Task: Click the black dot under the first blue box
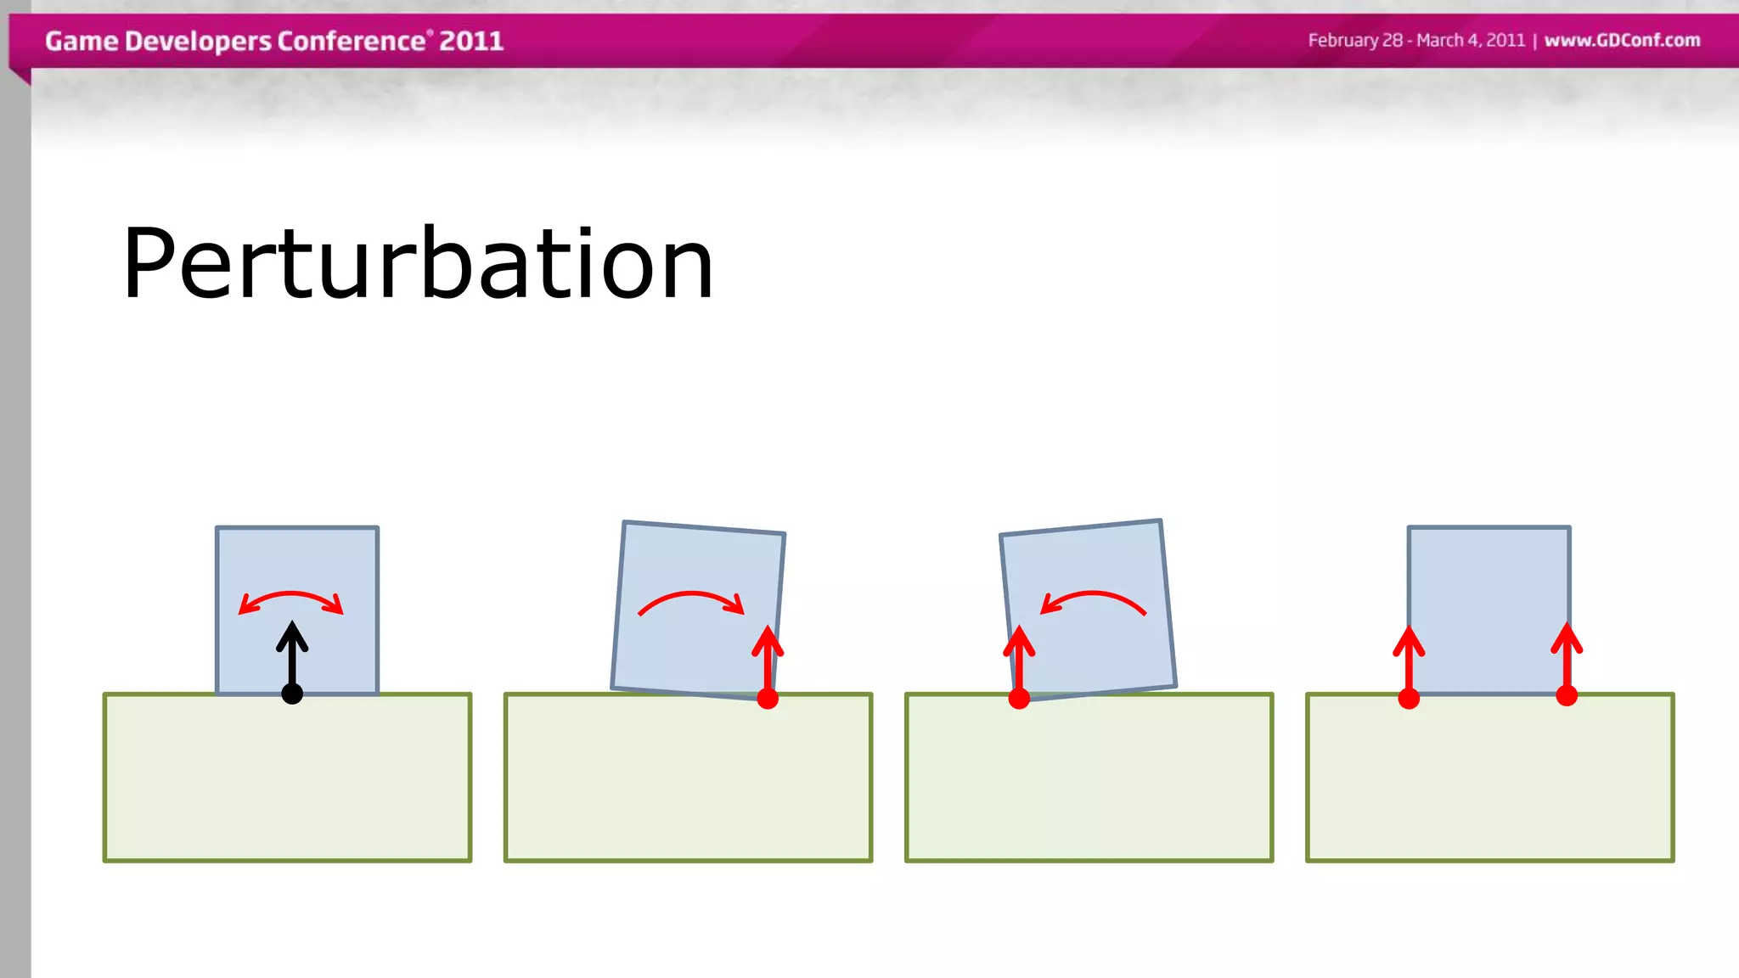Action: point(292,694)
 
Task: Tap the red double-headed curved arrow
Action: point(291,598)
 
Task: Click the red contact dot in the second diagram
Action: point(768,699)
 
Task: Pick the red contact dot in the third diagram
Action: point(1019,699)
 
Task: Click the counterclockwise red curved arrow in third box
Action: point(1094,598)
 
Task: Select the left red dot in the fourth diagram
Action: point(1409,699)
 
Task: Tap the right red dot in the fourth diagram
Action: point(1567,696)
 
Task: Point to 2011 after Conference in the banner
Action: point(471,41)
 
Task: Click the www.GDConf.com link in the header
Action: point(1622,40)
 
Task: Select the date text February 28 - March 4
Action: point(1416,40)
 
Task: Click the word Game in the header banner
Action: point(82,41)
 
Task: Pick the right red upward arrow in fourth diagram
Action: point(1567,658)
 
